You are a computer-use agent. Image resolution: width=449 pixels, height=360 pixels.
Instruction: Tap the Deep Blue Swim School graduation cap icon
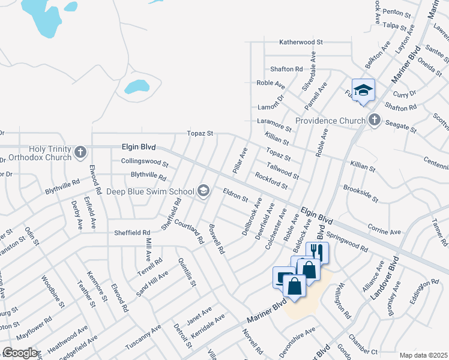[204, 191]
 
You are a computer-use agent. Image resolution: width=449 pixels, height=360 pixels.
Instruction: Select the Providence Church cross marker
[375, 120]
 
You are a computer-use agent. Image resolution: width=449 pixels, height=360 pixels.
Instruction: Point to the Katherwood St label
[301, 43]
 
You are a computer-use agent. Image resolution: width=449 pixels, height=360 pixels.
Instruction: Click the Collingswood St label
[145, 162]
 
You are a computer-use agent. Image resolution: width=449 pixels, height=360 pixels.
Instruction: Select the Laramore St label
[274, 125]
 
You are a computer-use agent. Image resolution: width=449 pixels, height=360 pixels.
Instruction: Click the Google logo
[20, 352]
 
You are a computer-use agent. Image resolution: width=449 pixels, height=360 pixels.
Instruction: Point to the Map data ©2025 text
[423, 355]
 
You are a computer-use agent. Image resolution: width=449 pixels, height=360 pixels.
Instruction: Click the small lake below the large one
[137, 86]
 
